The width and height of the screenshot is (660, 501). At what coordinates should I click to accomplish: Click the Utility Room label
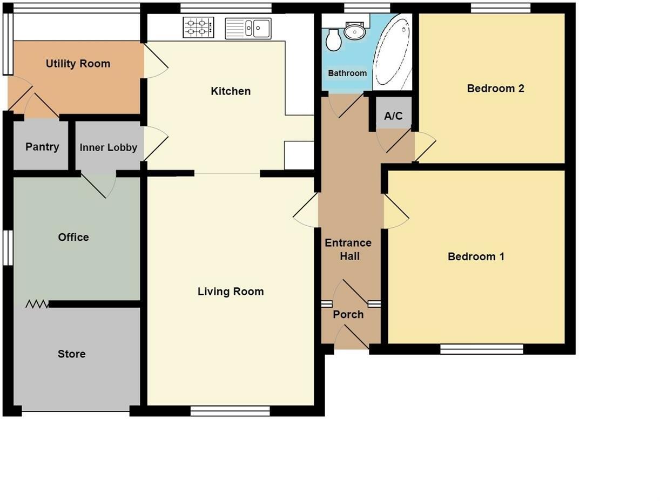point(78,64)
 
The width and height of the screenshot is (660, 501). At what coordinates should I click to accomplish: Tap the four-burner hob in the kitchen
point(198,27)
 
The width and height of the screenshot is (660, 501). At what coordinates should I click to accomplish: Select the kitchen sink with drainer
point(248,28)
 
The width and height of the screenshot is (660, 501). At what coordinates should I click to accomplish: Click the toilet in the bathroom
point(334,40)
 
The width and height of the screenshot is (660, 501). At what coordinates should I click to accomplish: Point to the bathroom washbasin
point(355,31)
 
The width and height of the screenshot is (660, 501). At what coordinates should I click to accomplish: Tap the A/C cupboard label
point(393,116)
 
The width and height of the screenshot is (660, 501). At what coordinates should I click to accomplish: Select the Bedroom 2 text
point(495,89)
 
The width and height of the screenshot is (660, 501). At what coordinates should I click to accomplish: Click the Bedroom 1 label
point(476,257)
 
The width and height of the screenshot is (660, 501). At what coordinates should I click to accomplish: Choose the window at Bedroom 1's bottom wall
point(481,349)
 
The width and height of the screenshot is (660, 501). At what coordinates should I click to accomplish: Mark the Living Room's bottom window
point(230,411)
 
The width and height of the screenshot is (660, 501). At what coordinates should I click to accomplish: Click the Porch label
point(348,314)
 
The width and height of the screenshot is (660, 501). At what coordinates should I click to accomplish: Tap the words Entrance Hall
point(348,249)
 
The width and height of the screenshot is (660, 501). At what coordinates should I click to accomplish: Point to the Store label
point(71,354)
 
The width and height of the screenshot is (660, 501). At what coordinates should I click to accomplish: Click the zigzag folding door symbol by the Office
point(37,304)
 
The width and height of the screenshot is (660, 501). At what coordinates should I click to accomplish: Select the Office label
point(73,238)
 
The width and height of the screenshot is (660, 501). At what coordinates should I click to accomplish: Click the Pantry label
point(42,147)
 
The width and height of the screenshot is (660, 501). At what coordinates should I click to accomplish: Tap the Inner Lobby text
point(108,147)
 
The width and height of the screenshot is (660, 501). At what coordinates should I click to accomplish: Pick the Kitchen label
point(231,91)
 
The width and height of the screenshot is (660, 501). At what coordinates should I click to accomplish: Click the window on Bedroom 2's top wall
point(500,8)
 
